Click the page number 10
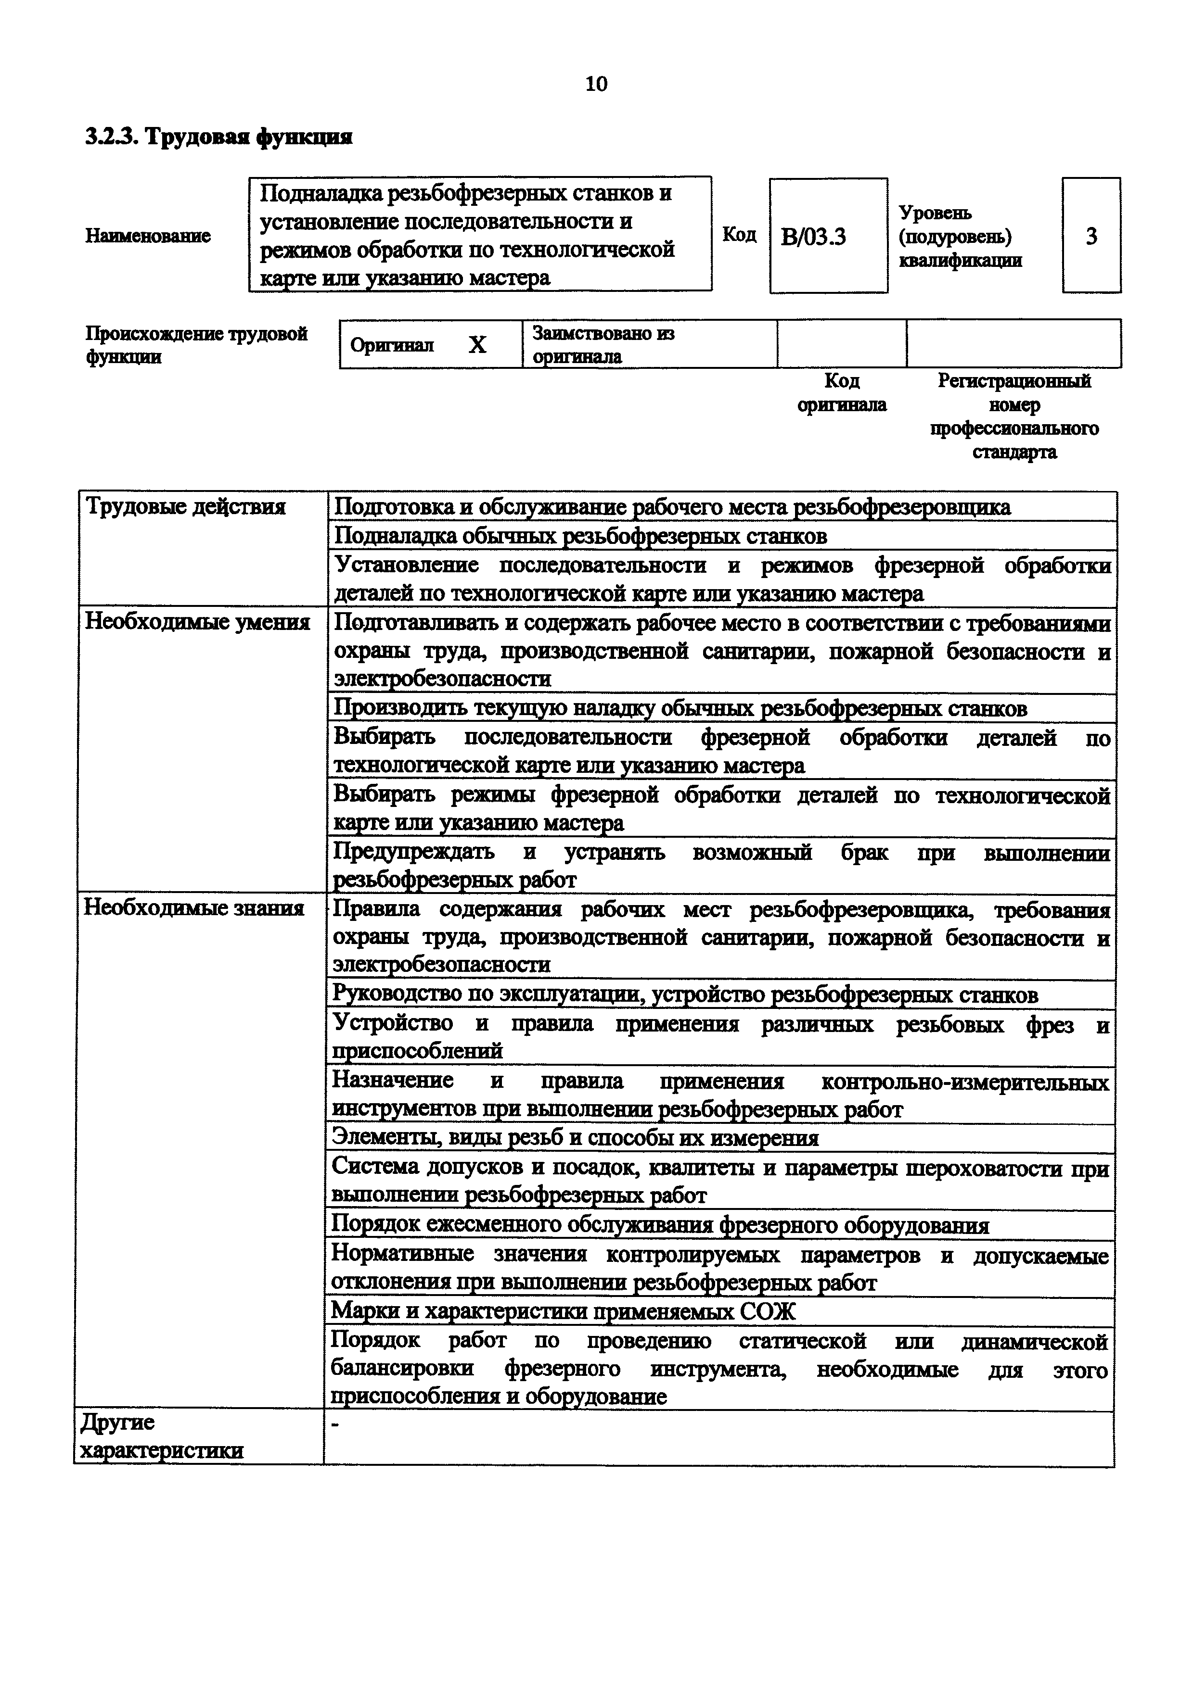click(x=596, y=85)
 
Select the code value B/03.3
click(x=814, y=237)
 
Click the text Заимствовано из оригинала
click(x=603, y=345)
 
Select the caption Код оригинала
click(x=842, y=392)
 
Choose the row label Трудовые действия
click(x=185, y=507)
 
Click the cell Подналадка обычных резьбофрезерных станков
click(x=580, y=536)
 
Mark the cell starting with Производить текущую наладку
click(x=680, y=708)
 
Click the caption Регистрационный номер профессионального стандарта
click(x=1013, y=416)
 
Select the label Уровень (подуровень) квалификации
click(x=960, y=237)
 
